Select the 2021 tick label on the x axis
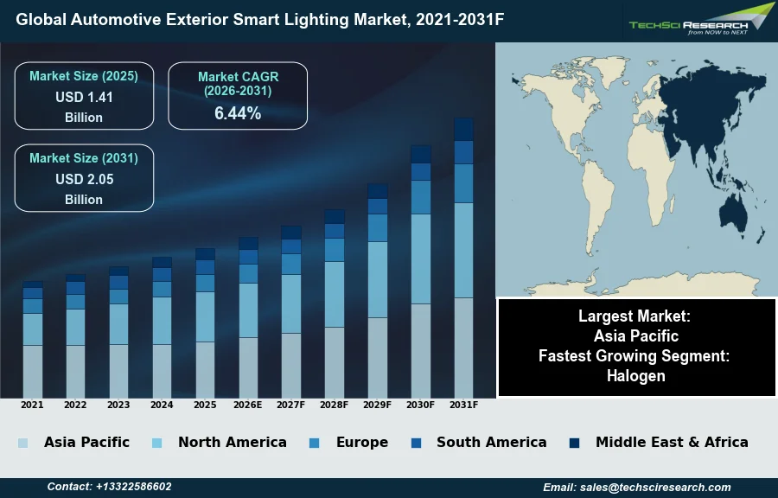tap(32, 405)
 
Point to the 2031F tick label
tap(464, 405)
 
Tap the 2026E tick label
tap(248, 405)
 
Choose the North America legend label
tap(232, 442)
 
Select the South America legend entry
tap(491, 442)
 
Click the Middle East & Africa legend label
tap(672, 442)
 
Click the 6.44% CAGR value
tap(238, 113)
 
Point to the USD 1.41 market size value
tap(84, 97)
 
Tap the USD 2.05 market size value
tap(84, 179)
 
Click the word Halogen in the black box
tap(635, 376)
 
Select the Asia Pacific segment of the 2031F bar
tap(464, 348)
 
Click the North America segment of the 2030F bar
tap(421, 259)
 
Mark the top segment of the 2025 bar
tap(205, 254)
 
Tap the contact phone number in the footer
tap(110, 487)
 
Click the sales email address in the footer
tap(637, 487)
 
